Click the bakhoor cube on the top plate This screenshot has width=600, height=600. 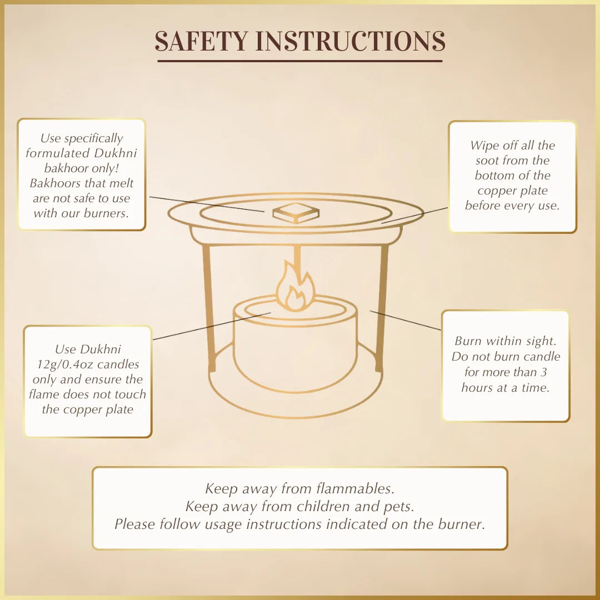(296, 213)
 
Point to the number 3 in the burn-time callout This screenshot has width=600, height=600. (543, 372)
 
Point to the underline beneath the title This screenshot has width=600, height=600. (300, 61)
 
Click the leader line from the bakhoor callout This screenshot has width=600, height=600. (206, 203)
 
